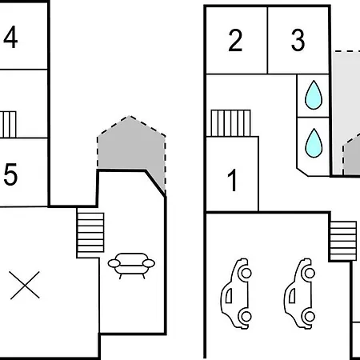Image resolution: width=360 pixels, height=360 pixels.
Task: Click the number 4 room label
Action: [10, 37]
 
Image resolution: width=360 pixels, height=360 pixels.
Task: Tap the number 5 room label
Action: [10, 174]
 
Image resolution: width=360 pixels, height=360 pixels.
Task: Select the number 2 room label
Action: [235, 40]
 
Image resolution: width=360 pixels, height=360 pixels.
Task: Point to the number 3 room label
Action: [298, 40]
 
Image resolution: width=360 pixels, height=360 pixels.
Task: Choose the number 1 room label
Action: [233, 180]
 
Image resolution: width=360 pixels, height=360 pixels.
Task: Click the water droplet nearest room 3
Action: [314, 95]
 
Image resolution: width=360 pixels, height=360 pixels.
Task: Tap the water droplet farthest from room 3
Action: [314, 143]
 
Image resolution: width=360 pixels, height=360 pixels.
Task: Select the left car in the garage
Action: [236, 294]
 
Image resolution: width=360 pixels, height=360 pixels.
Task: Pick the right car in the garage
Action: [300, 294]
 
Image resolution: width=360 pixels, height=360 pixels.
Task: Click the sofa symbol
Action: [131, 266]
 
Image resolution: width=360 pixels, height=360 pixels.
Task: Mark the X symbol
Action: [25, 286]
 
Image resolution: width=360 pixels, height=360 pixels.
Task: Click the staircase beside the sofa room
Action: [90, 232]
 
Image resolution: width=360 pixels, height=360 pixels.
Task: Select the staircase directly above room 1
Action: [230, 123]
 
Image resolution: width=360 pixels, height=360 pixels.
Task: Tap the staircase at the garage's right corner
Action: [343, 241]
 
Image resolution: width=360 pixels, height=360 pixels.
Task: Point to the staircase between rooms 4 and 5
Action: [8, 125]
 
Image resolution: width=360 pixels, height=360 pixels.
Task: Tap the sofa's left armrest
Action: [114, 263]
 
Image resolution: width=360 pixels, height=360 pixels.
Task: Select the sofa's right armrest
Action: [149, 263]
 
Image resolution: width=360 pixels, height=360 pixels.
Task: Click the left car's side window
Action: [229, 296]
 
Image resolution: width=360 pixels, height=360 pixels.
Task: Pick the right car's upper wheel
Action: [310, 273]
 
